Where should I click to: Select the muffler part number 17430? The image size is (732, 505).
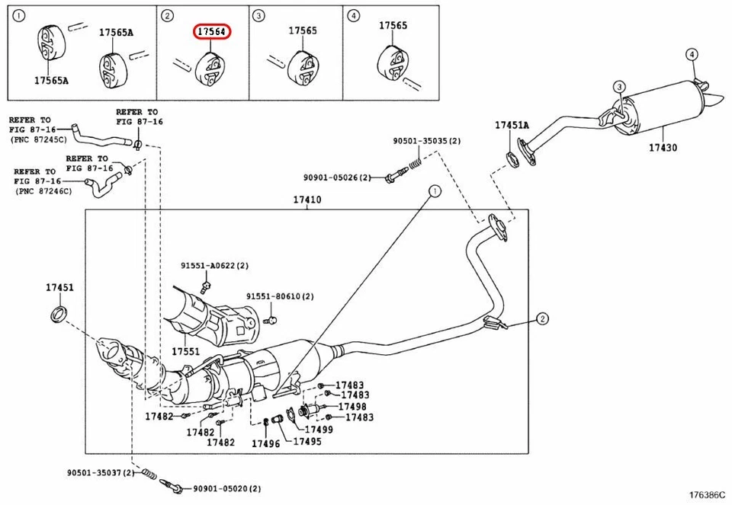coord(663,148)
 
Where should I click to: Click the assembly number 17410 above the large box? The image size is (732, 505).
coord(307,200)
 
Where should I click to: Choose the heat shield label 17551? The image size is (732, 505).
coord(185,352)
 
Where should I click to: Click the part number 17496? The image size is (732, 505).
coord(265,443)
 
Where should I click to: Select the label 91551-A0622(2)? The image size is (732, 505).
coord(214,265)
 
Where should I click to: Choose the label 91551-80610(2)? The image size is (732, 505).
coord(280,296)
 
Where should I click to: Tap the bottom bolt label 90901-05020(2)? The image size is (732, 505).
coord(226,489)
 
